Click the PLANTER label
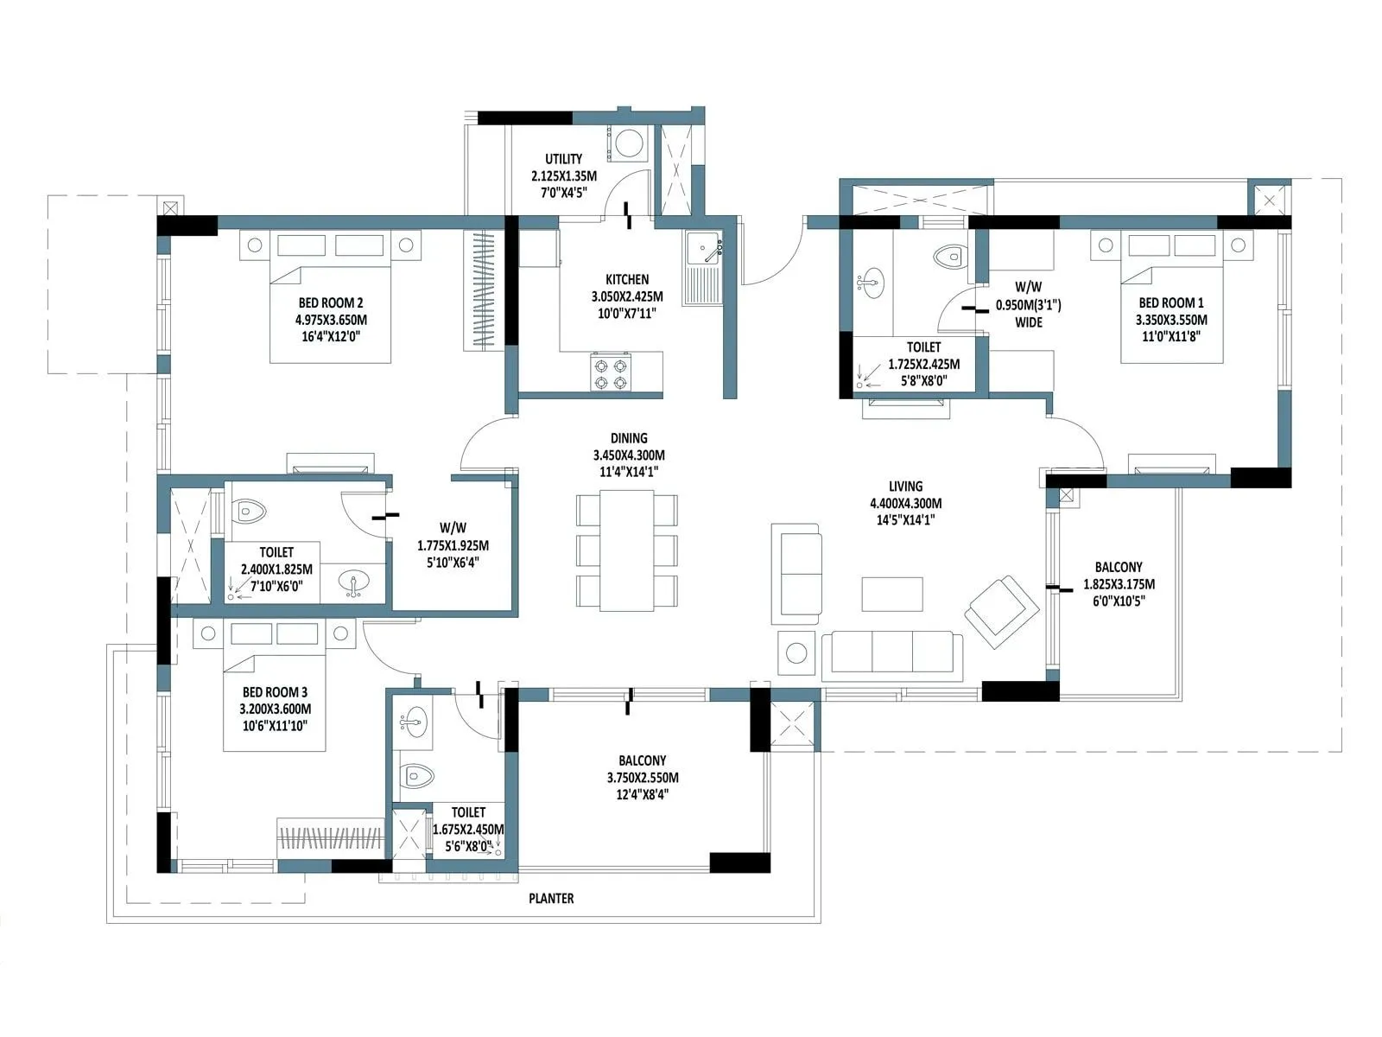click(551, 899)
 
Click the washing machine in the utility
click(628, 143)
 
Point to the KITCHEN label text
click(627, 280)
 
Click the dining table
click(626, 550)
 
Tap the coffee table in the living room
click(891, 595)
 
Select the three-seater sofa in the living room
click(891, 655)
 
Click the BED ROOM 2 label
click(331, 303)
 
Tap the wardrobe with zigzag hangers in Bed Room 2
click(483, 289)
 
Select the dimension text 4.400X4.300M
click(905, 503)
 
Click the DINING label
click(629, 438)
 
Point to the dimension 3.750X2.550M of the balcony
click(642, 778)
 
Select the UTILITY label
click(563, 159)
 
